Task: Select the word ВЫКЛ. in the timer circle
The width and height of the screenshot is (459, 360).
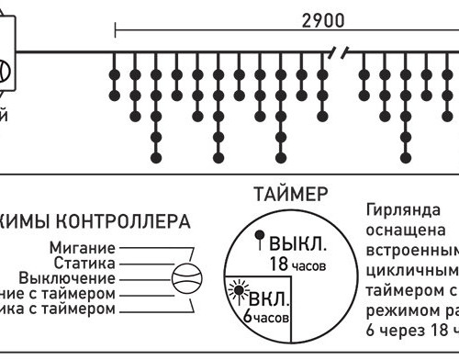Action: pyautogui.click(x=295, y=245)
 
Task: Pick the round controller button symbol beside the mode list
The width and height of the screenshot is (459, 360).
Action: pyautogui.click(x=187, y=278)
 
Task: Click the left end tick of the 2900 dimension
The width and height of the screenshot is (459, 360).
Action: pyautogui.click(x=115, y=28)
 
